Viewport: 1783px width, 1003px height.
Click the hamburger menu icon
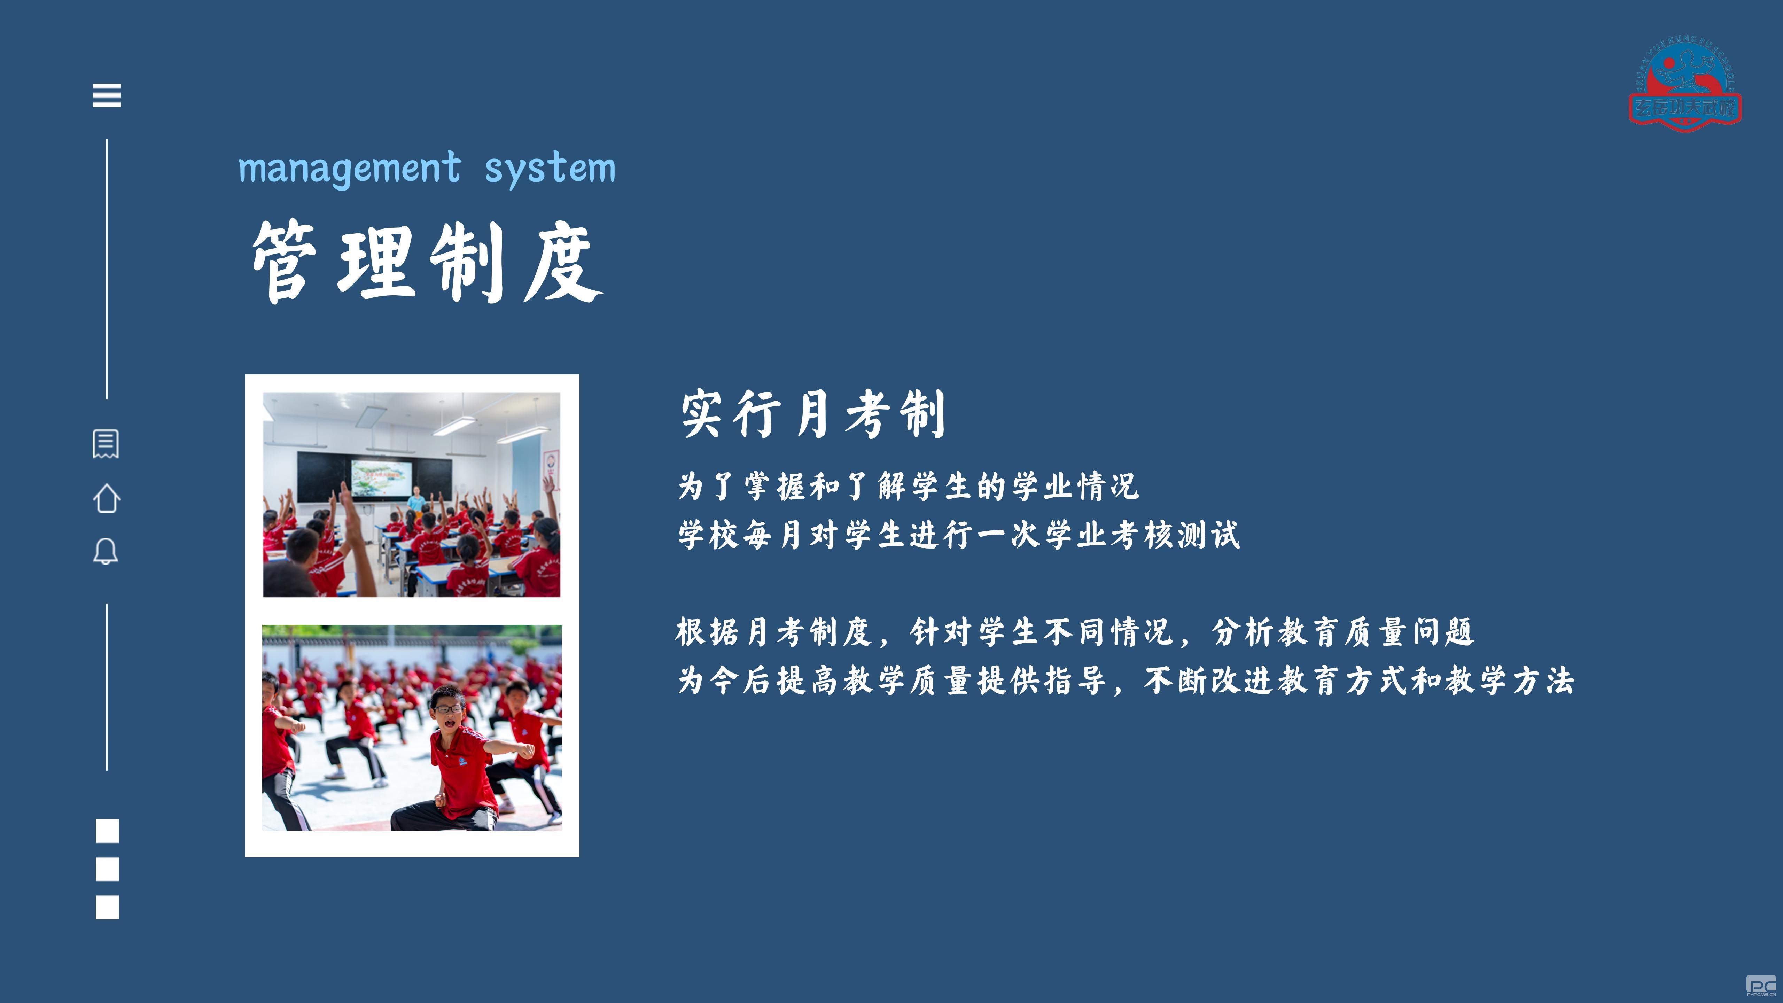pyautogui.click(x=107, y=95)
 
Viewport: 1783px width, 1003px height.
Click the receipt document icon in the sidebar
pyautogui.click(x=106, y=444)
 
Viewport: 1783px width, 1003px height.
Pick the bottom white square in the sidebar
pyautogui.click(x=107, y=907)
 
